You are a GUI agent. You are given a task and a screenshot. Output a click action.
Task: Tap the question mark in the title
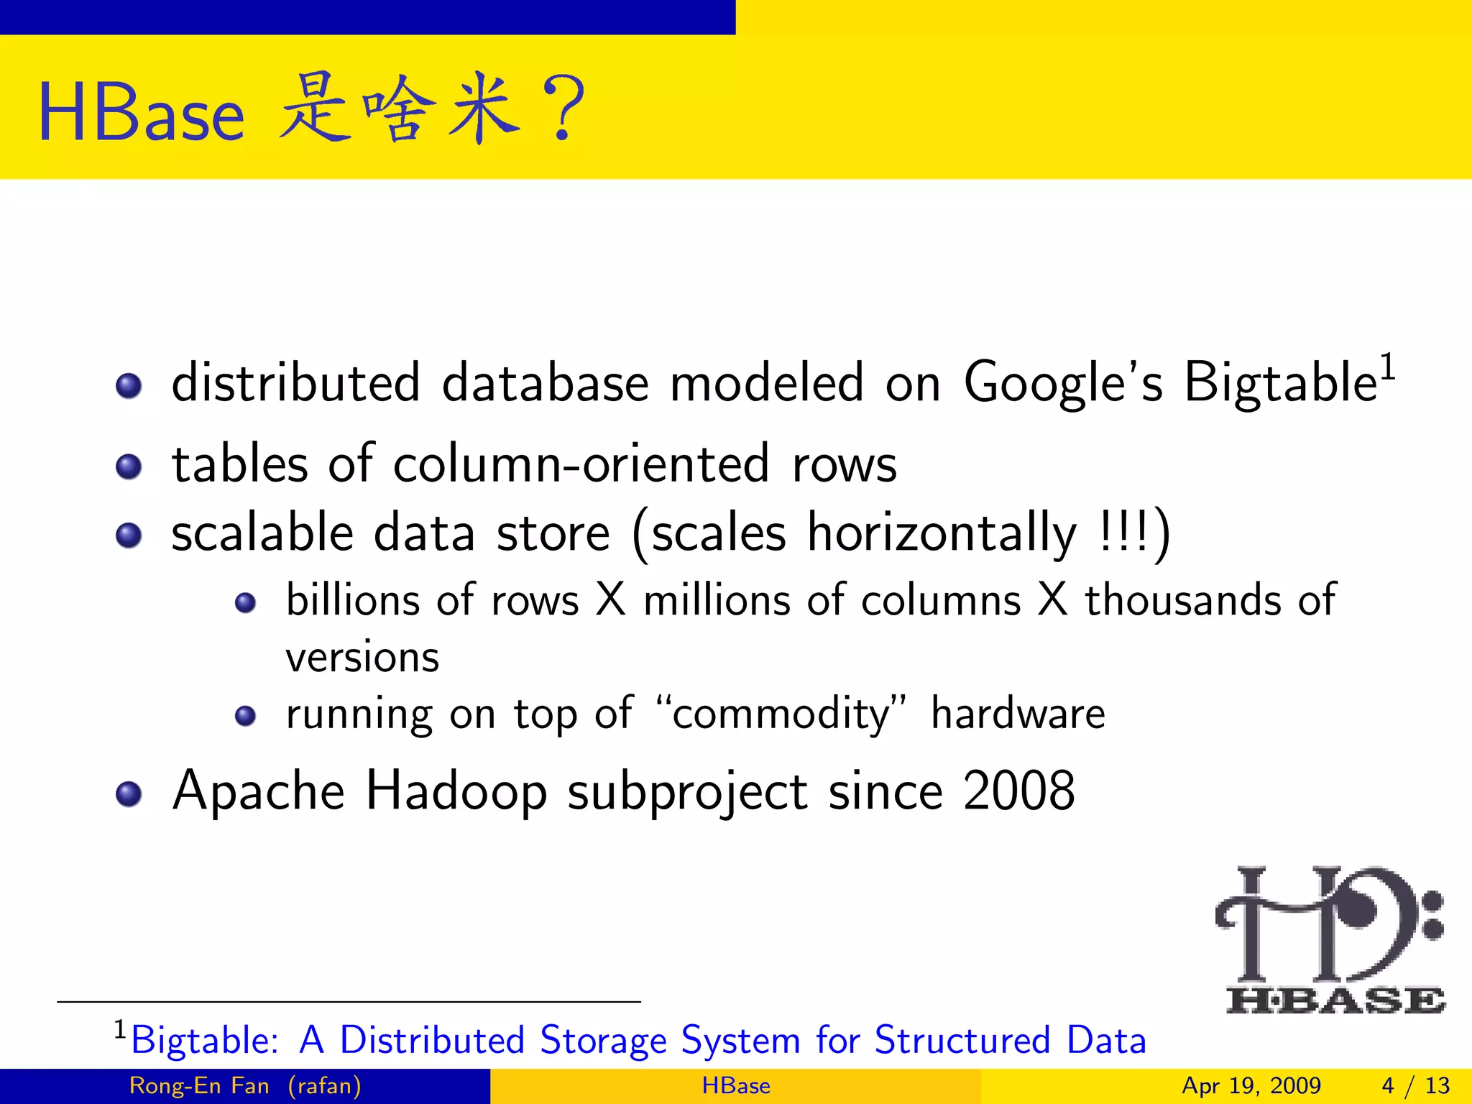coord(565,109)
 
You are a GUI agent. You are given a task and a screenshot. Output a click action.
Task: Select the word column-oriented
coord(581,464)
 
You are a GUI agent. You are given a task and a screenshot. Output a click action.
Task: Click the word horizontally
coord(942,533)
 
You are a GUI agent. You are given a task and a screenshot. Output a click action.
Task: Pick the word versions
coord(362,657)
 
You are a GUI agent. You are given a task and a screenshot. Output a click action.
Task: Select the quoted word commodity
coord(782,714)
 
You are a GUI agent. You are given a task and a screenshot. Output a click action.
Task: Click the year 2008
coord(1018,791)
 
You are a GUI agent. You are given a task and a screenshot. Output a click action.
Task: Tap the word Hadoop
coord(456,791)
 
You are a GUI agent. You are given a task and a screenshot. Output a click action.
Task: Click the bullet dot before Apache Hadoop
coord(129,793)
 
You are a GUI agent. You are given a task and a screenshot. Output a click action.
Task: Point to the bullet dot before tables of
coord(129,467)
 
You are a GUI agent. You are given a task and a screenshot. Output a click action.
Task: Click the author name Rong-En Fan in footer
coord(199,1085)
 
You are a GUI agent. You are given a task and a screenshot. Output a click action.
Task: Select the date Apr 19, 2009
coord(1251,1085)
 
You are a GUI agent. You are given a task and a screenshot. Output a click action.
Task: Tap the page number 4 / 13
coord(1415,1085)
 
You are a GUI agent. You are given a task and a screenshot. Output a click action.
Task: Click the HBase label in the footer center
coord(735,1085)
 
